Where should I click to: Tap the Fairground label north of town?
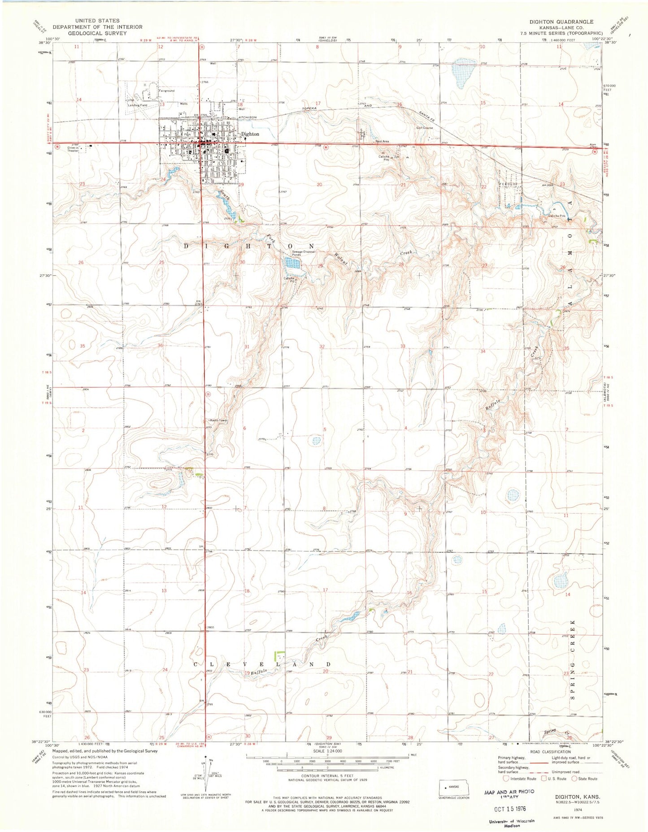[x=166, y=91]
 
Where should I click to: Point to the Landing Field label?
[x=137, y=105]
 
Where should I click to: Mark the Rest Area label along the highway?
[x=382, y=141]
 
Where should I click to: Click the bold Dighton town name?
[x=250, y=134]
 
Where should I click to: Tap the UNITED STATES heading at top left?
[x=97, y=21]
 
